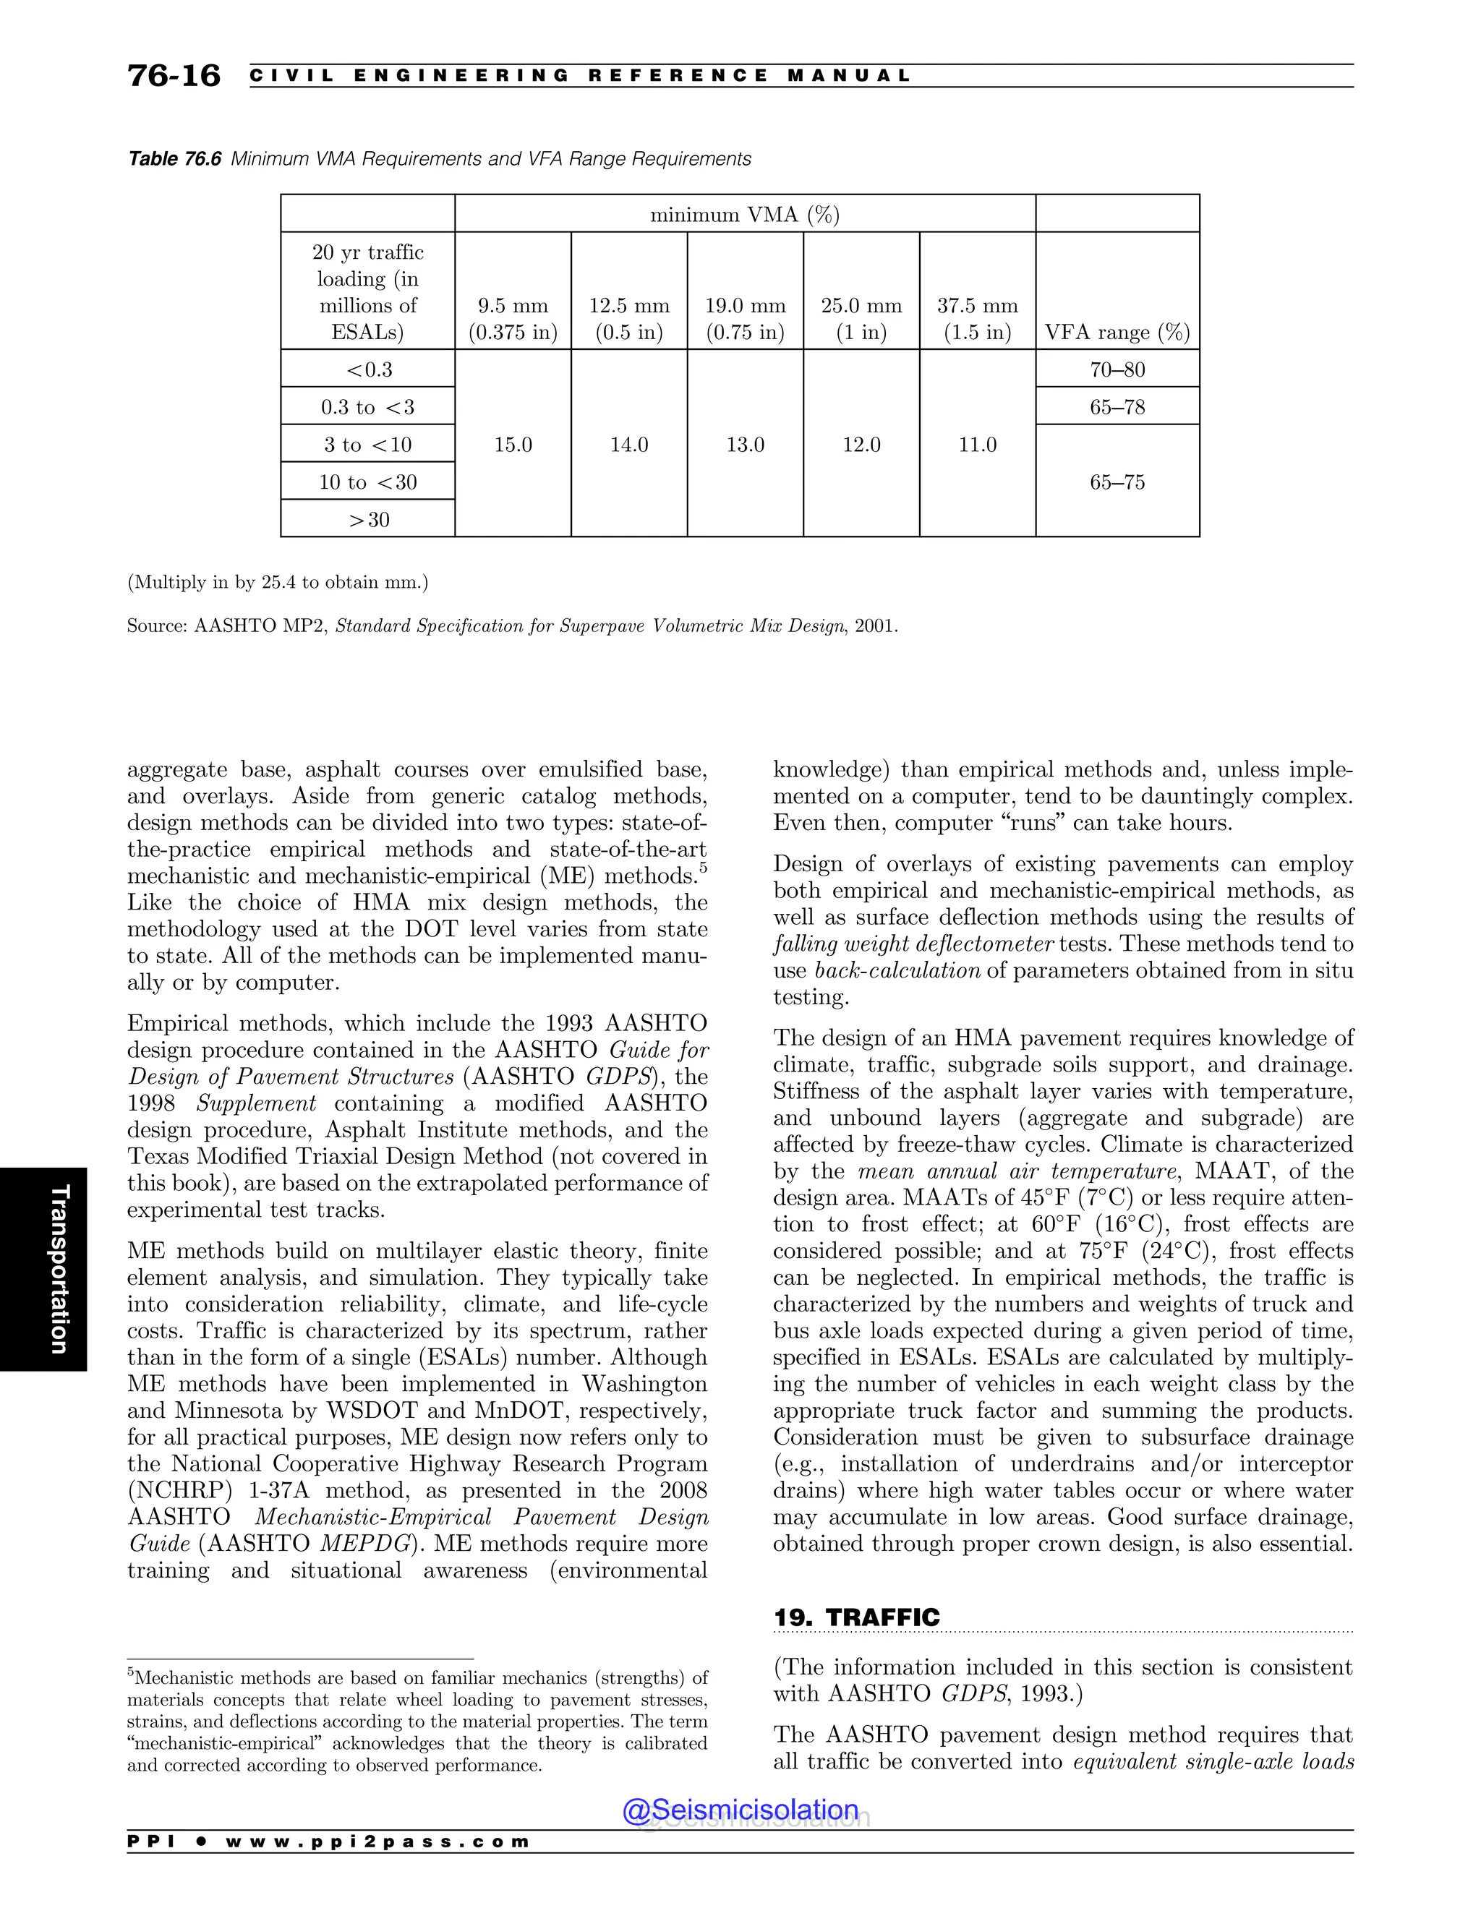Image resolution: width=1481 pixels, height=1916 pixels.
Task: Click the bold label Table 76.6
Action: click(174, 159)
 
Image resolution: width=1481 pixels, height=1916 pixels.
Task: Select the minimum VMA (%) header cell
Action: click(744, 214)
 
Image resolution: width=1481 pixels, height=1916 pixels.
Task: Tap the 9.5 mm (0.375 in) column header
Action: click(513, 318)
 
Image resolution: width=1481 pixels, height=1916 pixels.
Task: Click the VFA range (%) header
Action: click(1117, 333)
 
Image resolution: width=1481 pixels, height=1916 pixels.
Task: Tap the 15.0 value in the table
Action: click(513, 445)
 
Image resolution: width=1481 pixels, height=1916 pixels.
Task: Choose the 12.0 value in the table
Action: click(861, 445)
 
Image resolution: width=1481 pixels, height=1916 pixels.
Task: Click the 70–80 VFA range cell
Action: click(1117, 369)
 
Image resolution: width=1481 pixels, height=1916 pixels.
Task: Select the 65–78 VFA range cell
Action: click(1117, 407)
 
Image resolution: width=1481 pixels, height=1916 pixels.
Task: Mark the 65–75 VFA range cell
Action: click(1117, 482)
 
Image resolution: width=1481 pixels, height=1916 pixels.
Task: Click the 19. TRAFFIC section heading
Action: click(856, 1617)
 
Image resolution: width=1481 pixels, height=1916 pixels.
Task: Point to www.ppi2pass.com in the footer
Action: click(377, 1842)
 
